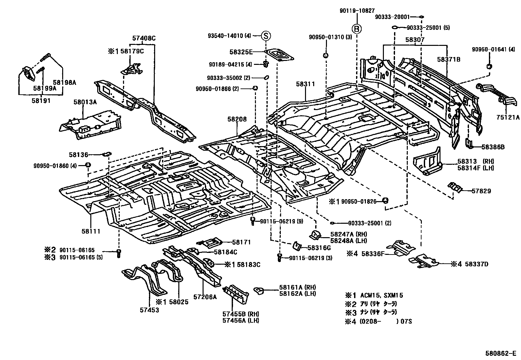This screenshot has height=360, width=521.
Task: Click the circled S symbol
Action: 266,36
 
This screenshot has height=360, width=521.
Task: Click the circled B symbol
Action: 357,29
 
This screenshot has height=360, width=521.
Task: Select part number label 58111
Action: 91,231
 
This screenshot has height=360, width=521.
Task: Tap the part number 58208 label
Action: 237,120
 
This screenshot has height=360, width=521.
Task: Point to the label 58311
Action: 306,84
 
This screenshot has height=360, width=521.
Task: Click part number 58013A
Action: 85,102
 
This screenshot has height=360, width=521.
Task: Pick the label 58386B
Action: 493,147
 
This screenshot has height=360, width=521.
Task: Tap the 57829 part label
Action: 481,191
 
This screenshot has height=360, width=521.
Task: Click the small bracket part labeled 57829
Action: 455,187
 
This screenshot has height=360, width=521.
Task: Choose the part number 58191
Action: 41,101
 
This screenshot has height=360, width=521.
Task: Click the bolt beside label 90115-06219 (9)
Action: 253,221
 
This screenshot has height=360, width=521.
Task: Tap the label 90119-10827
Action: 357,10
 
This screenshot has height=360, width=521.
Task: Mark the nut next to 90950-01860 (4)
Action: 88,165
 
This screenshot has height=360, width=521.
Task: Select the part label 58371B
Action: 449,59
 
